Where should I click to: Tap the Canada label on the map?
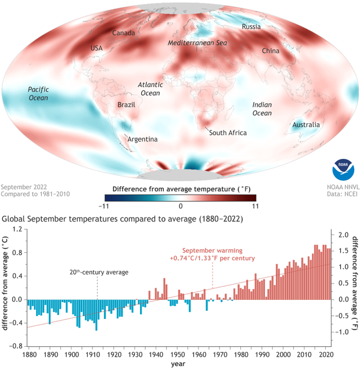123,33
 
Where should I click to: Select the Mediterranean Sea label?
197,43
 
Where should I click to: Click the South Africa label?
228,133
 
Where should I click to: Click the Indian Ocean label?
262,108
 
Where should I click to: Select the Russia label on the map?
251,27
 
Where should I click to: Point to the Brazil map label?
126,106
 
